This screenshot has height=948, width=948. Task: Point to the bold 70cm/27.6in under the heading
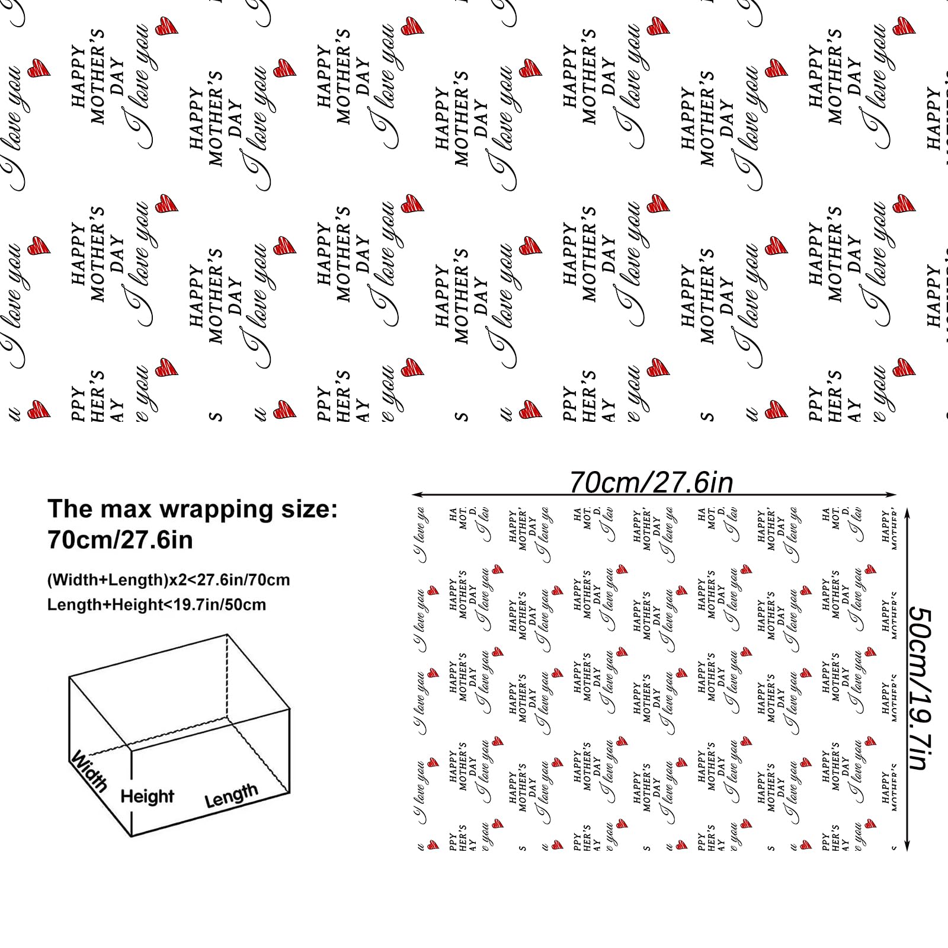pos(120,540)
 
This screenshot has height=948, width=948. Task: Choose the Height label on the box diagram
pos(148,796)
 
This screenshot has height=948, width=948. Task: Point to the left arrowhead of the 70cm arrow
pos(415,494)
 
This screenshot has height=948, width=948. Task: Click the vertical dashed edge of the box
pos(228,681)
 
